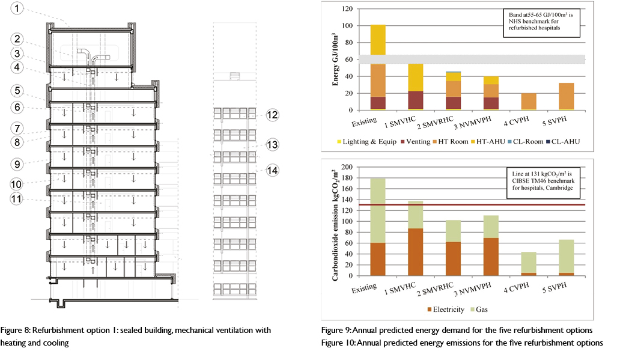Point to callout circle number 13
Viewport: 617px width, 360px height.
(x=272, y=144)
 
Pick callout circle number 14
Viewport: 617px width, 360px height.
(x=272, y=169)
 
